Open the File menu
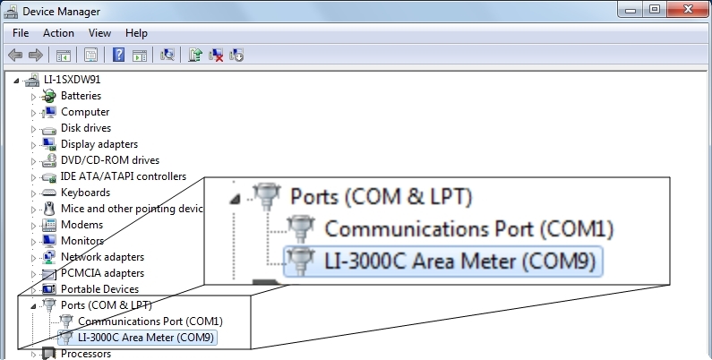tap(21, 33)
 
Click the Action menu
tap(58, 33)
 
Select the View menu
tap(99, 33)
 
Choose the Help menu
tap(136, 33)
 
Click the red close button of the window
tap(687, 9)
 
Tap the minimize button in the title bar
tap(631, 9)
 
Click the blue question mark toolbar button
tap(118, 55)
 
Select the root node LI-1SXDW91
tap(72, 80)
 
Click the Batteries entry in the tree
tap(81, 96)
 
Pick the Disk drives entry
tap(86, 128)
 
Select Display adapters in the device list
tap(99, 144)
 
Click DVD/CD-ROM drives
tap(110, 160)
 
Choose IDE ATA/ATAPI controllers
tap(123, 176)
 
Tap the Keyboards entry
tap(85, 193)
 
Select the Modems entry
tap(81, 225)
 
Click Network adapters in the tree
tap(102, 257)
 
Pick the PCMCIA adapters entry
tap(102, 273)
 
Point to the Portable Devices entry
tap(99, 289)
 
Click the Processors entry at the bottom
tap(86, 354)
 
